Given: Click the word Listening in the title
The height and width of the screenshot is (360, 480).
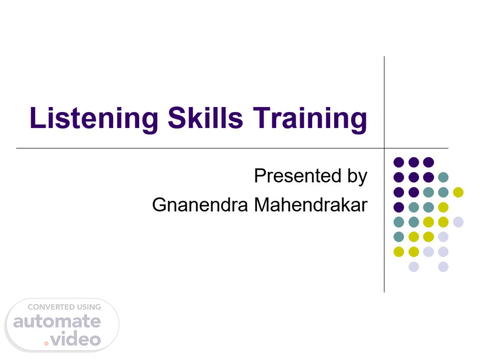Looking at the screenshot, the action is (94, 120).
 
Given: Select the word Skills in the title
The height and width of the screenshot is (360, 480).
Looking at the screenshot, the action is (205, 118).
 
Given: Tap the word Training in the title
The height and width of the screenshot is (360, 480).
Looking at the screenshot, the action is (310, 120).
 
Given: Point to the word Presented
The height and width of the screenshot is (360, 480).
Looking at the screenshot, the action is (297, 176).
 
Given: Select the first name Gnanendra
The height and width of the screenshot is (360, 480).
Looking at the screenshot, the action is (200, 205).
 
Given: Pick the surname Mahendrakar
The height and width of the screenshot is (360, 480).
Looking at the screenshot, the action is (311, 205).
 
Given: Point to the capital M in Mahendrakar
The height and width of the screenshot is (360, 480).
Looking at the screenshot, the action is (262, 205).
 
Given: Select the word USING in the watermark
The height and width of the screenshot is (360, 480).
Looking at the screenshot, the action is (89, 307).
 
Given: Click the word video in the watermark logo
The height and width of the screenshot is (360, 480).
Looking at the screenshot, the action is (76, 338).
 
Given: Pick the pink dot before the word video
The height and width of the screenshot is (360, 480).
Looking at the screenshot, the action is (46, 343).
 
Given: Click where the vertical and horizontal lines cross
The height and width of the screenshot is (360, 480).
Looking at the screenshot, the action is (384, 148).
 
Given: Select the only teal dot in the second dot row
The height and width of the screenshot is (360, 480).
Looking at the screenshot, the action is (443, 177).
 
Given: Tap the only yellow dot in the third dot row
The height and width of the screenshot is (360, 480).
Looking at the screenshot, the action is (458, 192).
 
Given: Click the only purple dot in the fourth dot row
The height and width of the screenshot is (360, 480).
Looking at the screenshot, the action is (399, 207).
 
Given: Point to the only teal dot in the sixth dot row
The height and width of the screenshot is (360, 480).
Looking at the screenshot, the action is (399, 237).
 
